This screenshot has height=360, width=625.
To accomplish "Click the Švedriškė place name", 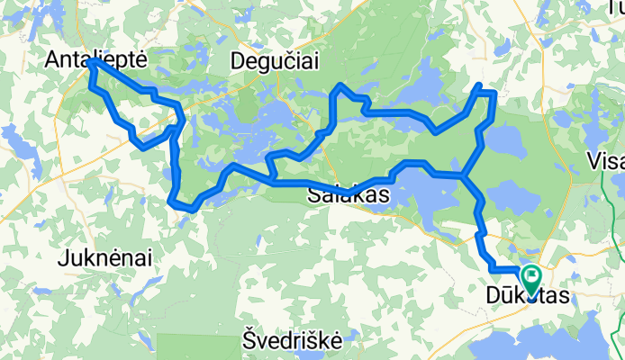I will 293,340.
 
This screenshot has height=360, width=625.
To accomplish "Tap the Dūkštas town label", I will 529,295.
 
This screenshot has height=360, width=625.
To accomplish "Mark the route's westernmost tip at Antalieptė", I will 92,63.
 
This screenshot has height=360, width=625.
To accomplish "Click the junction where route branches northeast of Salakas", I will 464,175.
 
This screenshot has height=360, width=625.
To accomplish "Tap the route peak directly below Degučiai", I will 340,86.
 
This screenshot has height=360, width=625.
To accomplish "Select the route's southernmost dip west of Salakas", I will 186,209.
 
